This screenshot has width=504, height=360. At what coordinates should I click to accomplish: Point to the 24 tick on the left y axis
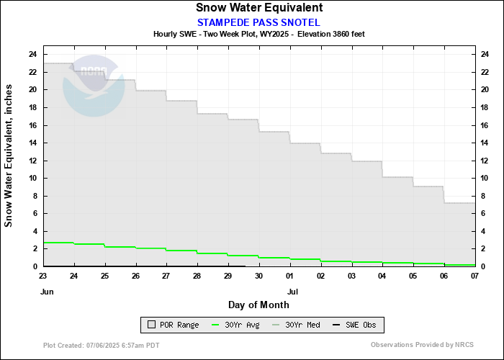(x=32, y=54)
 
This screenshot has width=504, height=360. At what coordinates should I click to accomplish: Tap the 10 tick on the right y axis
(x=487, y=178)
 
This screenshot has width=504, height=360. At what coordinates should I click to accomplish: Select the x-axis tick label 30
(x=259, y=276)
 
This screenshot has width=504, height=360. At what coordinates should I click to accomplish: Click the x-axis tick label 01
(x=290, y=276)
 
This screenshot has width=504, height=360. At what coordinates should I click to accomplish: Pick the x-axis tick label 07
(x=475, y=276)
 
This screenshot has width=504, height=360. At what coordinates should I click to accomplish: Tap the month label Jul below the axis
(x=292, y=292)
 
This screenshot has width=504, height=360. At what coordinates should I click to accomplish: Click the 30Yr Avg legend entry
(x=235, y=325)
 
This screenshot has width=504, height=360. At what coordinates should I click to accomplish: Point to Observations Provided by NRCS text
(x=422, y=346)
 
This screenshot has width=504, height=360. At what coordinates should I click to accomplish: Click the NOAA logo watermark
(x=94, y=85)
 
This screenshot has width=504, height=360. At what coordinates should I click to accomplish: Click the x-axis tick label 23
(x=43, y=276)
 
